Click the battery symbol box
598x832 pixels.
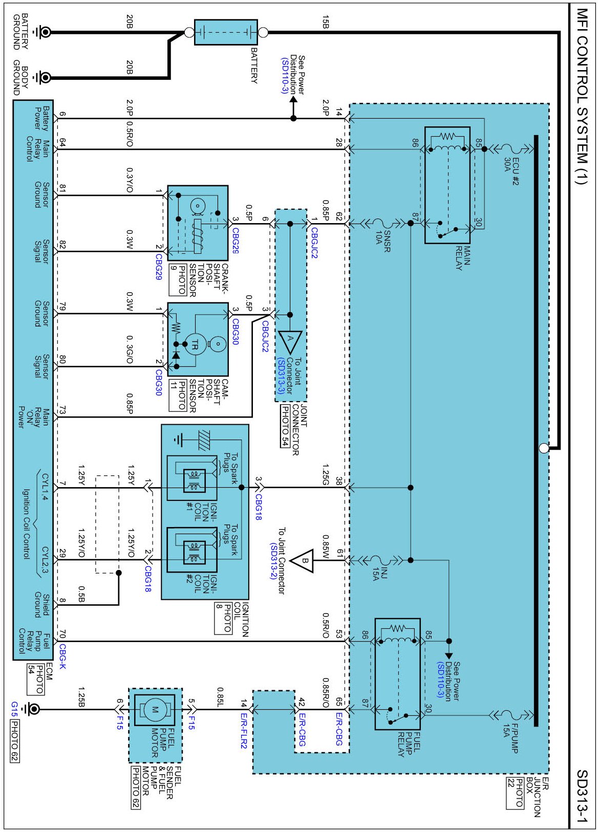226,32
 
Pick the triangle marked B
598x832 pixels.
302,560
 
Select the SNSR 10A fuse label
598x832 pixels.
383,241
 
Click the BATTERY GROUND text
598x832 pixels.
21,32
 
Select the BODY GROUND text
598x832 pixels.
21,81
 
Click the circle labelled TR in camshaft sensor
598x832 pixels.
195,346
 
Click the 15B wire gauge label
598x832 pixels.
326,21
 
